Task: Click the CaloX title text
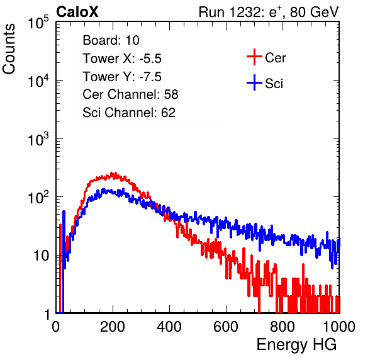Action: (77, 12)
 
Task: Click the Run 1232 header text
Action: (269, 12)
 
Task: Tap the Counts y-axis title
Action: (9, 49)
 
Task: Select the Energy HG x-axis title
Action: (296, 345)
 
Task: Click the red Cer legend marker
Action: (254, 57)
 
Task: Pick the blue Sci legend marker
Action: (254, 83)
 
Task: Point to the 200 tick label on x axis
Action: (113, 327)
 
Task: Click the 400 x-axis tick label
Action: (169, 327)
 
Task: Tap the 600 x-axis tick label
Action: (226, 327)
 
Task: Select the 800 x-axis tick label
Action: (283, 327)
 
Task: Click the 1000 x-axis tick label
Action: (339, 327)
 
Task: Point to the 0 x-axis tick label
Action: (55, 327)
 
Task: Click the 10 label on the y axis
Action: (42, 256)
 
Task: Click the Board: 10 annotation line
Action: (111, 40)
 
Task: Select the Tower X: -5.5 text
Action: (122, 59)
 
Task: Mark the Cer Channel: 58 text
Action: (130, 94)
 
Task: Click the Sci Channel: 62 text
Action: (129, 113)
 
